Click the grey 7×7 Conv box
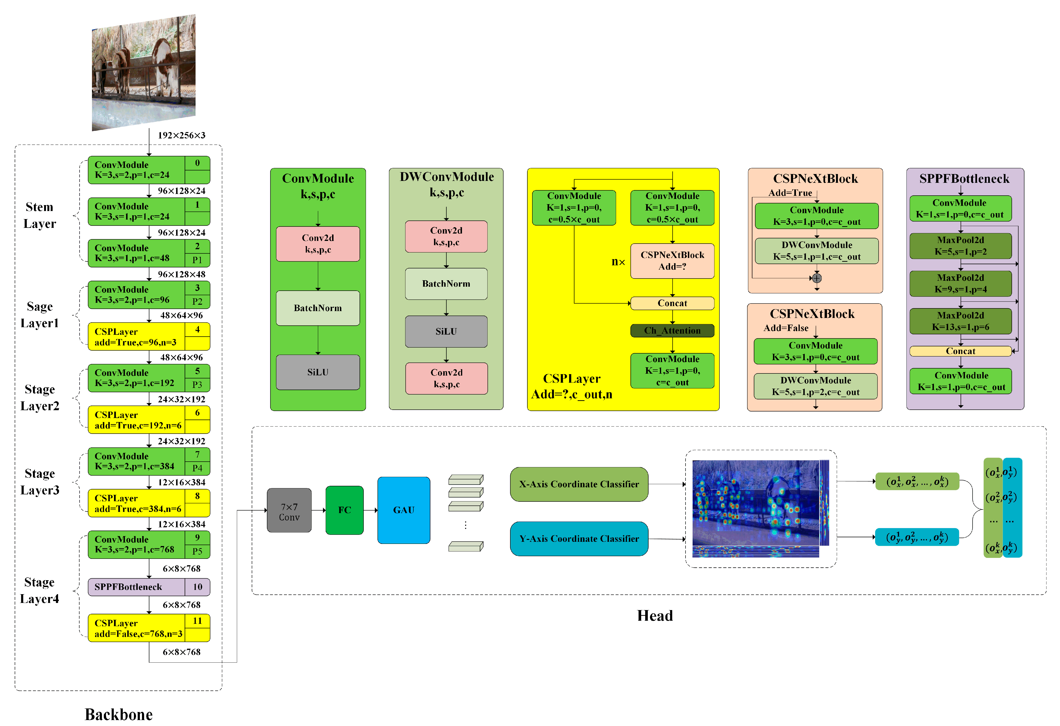(x=289, y=510)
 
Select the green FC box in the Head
(x=344, y=510)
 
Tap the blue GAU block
(x=404, y=510)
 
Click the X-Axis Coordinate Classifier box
(x=579, y=484)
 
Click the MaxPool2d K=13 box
(x=961, y=321)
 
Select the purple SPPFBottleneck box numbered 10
(x=149, y=587)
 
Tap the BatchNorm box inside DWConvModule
(x=446, y=284)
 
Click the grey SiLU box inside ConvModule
(x=318, y=372)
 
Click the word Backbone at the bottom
(x=119, y=714)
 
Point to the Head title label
(x=655, y=616)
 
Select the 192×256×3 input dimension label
(x=182, y=135)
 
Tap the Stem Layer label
(x=40, y=215)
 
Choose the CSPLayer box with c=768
(x=149, y=628)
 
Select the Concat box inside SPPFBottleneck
(x=961, y=351)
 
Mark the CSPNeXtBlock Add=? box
(x=672, y=261)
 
